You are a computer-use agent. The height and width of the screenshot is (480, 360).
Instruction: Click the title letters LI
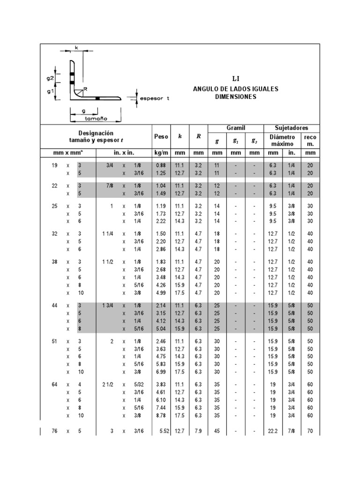(x=236, y=79)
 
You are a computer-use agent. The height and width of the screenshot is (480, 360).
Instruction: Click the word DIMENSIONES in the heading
(x=236, y=97)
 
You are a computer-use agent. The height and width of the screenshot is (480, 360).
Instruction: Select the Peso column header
(x=161, y=136)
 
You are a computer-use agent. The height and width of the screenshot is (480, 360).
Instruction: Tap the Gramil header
(x=236, y=128)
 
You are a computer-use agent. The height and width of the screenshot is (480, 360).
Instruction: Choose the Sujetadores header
(x=292, y=128)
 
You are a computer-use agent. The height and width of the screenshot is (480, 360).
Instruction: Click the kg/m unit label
(x=161, y=153)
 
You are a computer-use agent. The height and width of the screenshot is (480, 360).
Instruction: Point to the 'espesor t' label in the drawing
(x=154, y=98)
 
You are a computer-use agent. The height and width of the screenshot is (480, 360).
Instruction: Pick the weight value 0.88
(x=161, y=165)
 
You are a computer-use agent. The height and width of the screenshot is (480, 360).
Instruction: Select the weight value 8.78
(x=161, y=415)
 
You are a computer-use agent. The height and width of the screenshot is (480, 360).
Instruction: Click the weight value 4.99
(x=161, y=293)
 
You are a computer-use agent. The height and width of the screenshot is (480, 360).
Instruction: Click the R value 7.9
(x=198, y=431)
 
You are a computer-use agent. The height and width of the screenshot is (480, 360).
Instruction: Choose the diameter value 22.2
(x=272, y=431)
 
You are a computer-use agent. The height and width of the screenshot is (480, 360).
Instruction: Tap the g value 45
(x=217, y=431)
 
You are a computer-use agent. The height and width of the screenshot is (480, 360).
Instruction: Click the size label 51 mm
(x=54, y=342)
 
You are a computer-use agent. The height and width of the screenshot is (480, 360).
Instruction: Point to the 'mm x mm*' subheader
(x=68, y=153)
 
